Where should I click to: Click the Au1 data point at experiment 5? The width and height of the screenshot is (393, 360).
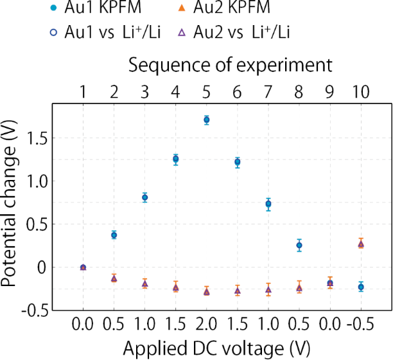pos(206,120)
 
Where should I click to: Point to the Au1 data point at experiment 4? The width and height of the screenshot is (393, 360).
pos(175,159)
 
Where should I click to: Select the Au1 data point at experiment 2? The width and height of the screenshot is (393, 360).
pos(114,235)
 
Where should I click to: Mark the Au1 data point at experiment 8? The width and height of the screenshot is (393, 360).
pos(299,245)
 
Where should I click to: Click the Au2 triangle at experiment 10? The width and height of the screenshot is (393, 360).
pos(361,244)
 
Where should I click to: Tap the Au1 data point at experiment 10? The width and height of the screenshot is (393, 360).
pos(361,287)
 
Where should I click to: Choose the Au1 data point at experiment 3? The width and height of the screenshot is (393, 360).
pos(144,197)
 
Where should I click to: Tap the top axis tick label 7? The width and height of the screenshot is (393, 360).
pos(268,92)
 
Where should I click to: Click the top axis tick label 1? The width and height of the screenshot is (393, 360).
pos(83,92)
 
